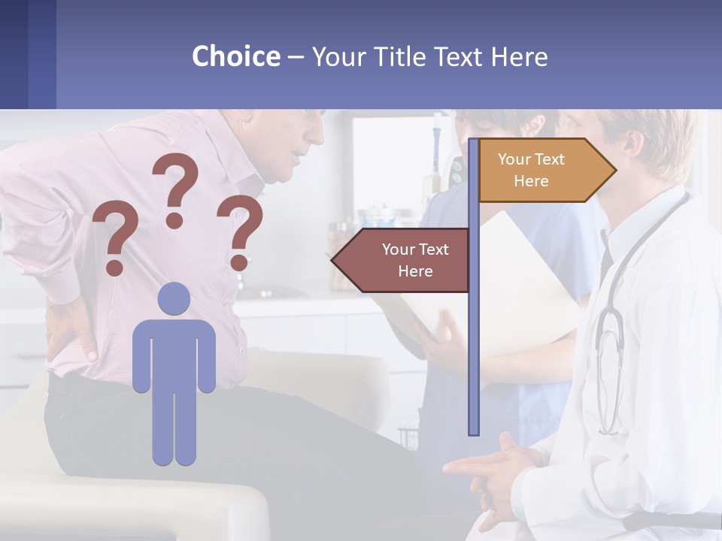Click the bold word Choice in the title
pos(235,56)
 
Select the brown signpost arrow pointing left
pos(402,260)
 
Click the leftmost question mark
pos(115,240)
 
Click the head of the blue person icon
pos(174,299)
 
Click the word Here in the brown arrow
pos(415,271)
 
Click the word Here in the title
pos(519,56)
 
